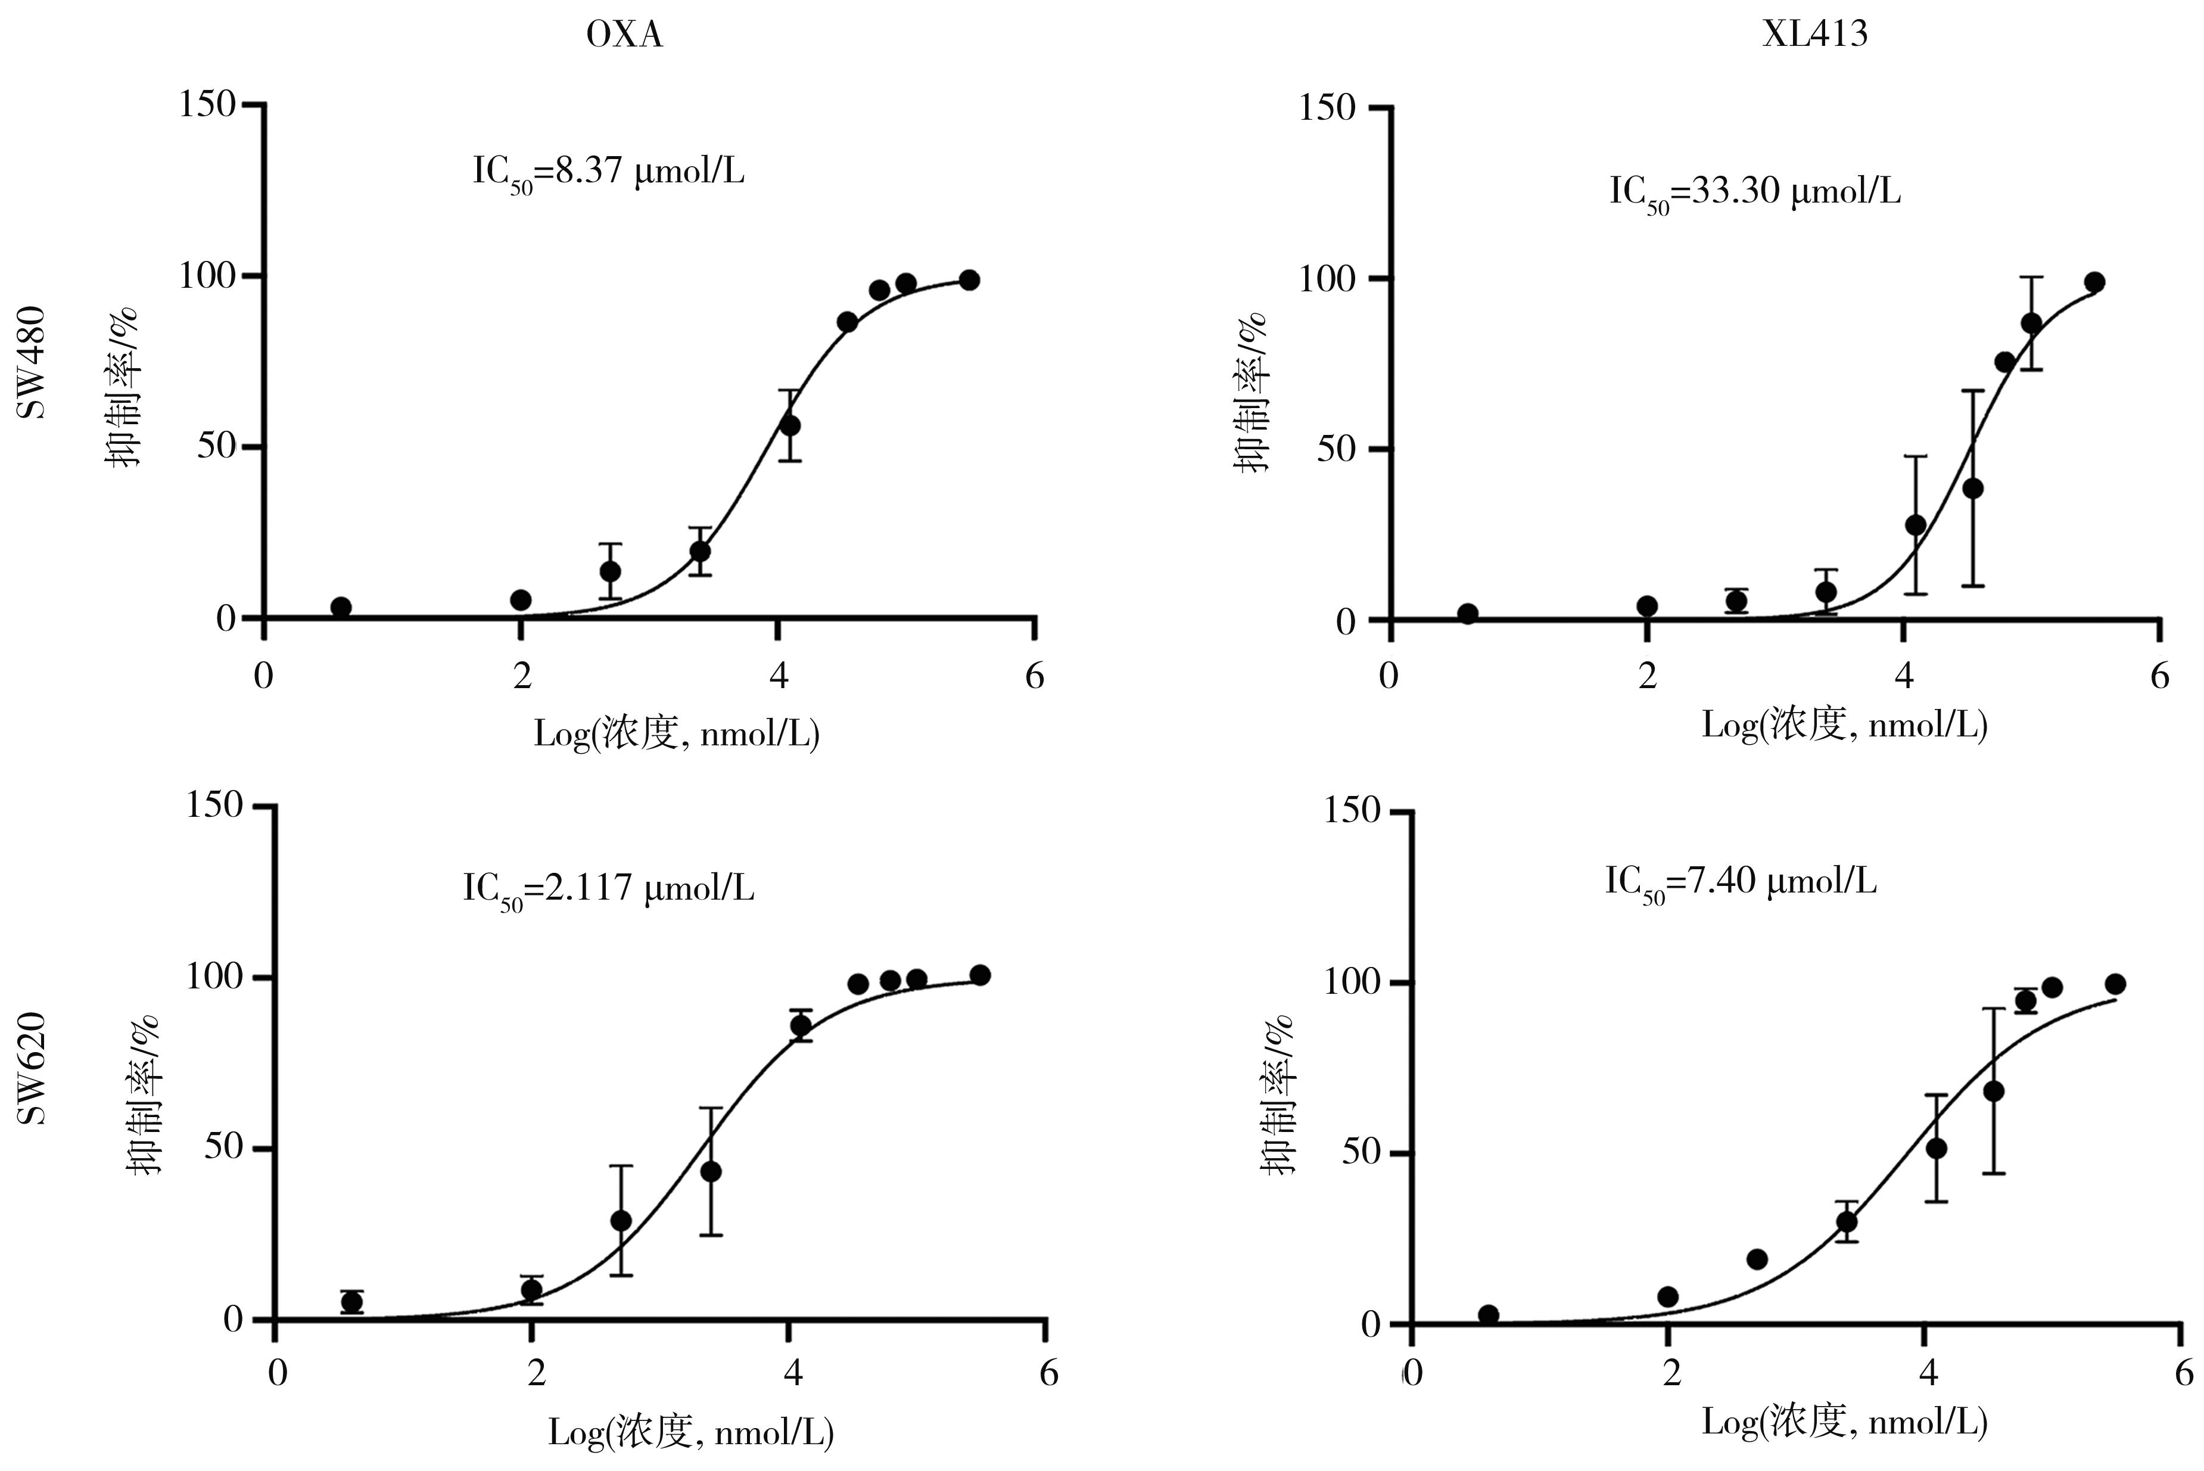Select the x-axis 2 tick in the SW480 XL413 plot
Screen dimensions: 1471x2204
(x=1648, y=676)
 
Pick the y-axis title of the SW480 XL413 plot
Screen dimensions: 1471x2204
(x=1253, y=393)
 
